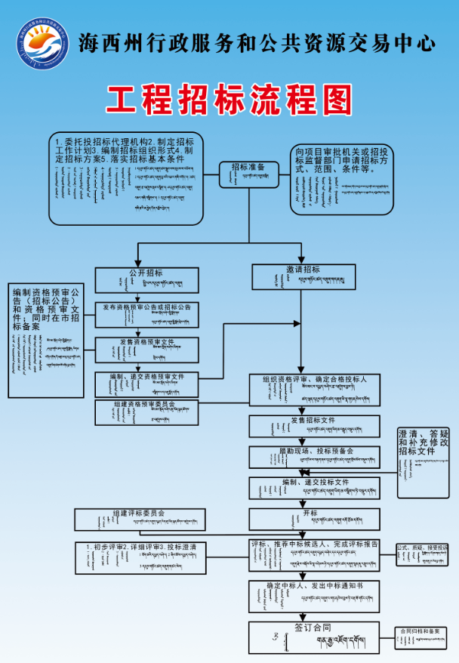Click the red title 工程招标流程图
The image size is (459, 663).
tap(229, 98)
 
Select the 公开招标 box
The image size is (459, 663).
tap(146, 280)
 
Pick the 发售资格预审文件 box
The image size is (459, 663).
tap(146, 350)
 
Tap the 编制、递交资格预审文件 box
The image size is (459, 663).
tap(146, 384)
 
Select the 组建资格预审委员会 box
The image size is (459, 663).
tap(146, 412)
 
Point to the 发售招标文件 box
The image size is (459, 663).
tap(315, 426)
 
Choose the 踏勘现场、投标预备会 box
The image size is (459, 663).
tap(315, 457)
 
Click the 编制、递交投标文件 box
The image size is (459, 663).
tap(315, 488)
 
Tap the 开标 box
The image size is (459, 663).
tap(315, 518)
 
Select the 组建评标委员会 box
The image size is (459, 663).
tap(140, 519)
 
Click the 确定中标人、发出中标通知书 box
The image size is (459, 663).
tap(315, 595)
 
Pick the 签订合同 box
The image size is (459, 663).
tap(315, 637)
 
